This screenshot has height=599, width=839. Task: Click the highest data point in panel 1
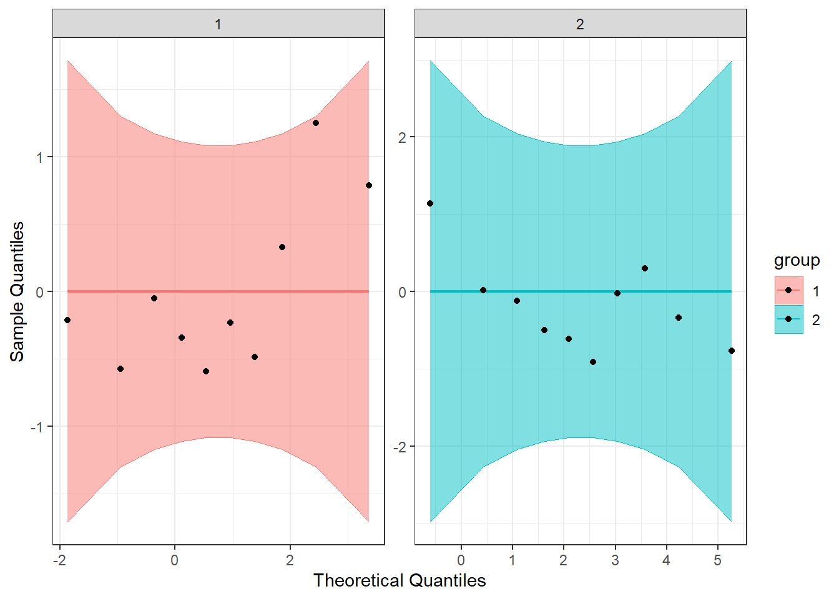click(316, 123)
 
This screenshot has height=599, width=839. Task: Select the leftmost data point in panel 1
click(67, 320)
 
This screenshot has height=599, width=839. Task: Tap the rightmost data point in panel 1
click(369, 185)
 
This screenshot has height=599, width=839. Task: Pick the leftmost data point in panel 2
click(430, 203)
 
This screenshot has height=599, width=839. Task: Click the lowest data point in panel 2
click(593, 362)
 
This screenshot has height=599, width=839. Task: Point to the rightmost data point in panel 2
click(732, 351)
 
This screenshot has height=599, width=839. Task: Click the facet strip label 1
click(218, 24)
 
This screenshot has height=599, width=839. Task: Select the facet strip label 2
click(580, 24)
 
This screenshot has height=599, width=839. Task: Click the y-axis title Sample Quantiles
click(17, 291)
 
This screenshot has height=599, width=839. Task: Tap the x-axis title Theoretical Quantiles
click(400, 581)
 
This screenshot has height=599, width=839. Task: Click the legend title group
click(797, 260)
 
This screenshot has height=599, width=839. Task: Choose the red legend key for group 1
click(788, 290)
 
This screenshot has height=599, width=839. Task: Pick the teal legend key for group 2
click(788, 319)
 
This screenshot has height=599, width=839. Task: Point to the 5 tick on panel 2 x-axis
click(718, 561)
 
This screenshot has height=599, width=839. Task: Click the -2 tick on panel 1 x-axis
click(59, 561)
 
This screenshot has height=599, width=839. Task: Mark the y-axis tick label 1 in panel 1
click(40, 157)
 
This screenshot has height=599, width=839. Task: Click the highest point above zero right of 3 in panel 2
click(645, 268)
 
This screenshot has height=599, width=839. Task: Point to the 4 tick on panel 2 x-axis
click(667, 561)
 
